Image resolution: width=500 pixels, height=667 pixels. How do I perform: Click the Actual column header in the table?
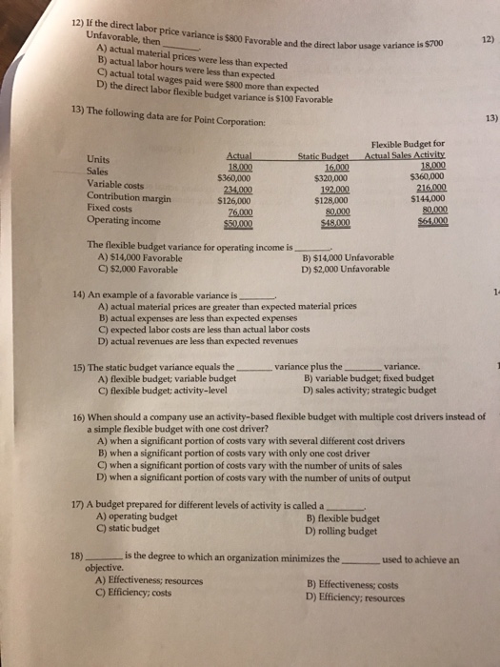pyautogui.click(x=241, y=155)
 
